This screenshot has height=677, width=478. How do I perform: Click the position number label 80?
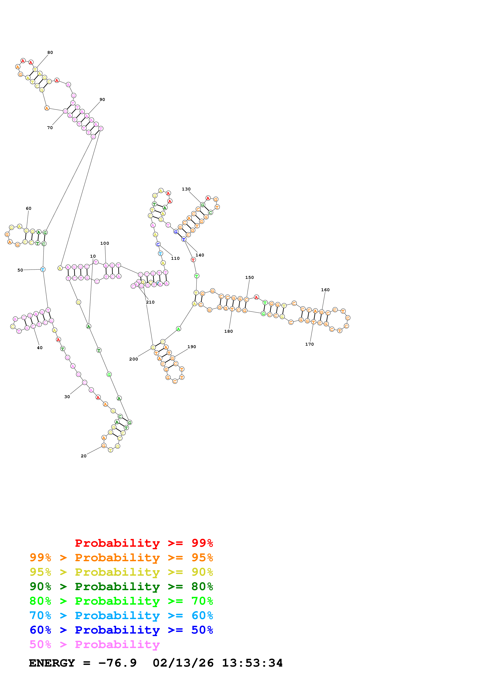[50, 52]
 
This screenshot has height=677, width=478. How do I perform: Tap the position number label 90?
[102, 99]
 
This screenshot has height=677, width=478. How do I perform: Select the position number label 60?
[29, 208]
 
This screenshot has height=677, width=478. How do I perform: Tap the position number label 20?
[84, 456]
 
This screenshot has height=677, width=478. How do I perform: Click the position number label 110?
[175, 258]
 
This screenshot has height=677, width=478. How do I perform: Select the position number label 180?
[228, 331]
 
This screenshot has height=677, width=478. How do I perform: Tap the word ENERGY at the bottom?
[52, 663]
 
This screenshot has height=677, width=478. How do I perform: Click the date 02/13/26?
[183, 663]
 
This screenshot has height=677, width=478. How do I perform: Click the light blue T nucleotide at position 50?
[43, 269]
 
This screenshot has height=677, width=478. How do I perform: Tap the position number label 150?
[250, 278]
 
